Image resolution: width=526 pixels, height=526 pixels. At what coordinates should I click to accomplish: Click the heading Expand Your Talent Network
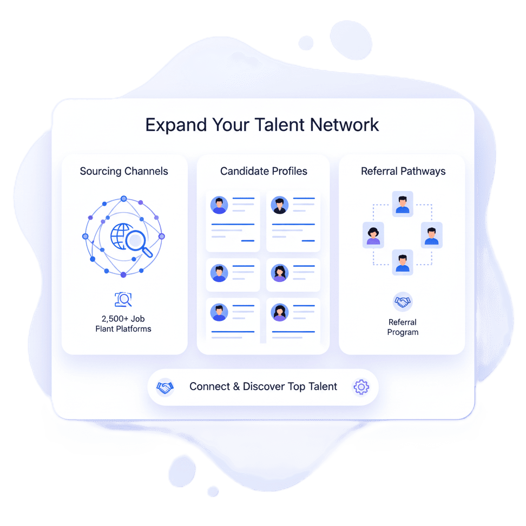262,125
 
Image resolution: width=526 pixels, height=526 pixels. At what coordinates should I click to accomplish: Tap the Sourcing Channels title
124,172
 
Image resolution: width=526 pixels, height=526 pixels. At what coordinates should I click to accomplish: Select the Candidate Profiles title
264,172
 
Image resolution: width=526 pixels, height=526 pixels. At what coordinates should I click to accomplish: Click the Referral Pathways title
403,172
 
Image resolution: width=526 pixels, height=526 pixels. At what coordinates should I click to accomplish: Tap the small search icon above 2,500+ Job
123,299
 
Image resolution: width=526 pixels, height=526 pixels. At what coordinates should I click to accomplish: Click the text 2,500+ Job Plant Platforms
123,324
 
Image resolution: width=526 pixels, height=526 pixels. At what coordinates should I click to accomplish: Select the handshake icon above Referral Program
403,302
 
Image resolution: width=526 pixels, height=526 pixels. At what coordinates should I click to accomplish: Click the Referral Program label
403,327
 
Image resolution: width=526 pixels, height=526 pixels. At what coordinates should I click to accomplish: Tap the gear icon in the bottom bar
361,387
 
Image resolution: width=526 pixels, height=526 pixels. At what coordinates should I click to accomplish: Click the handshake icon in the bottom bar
165,387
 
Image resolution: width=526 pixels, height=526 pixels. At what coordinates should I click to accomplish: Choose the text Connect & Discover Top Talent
263,387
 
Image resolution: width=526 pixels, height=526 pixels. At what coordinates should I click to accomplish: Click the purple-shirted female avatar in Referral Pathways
373,235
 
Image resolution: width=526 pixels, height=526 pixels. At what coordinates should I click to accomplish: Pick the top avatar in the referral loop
403,204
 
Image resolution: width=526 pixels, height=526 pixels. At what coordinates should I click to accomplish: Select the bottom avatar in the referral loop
403,262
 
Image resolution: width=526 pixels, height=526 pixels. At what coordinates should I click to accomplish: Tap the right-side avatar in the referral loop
431,235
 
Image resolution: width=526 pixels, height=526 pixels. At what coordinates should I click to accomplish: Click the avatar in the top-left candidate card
219,205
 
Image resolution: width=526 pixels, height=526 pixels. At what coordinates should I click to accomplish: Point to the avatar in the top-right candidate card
280,205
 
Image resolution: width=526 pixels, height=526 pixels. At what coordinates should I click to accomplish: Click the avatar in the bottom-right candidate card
280,312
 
